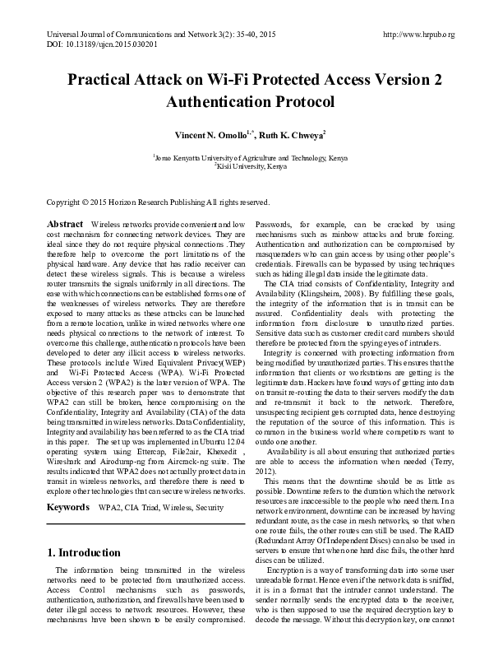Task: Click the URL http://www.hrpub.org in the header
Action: point(418,35)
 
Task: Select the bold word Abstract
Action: point(65,225)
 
